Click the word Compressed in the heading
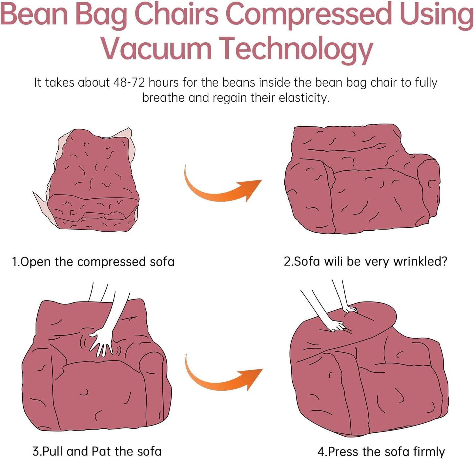[x=309, y=14]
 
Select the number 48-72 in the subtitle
[x=129, y=83]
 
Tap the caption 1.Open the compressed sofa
[x=93, y=262]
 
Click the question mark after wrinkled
[x=444, y=261]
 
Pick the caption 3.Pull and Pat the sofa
[x=97, y=451]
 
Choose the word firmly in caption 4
[x=429, y=451]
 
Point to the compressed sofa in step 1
[x=92, y=180]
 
